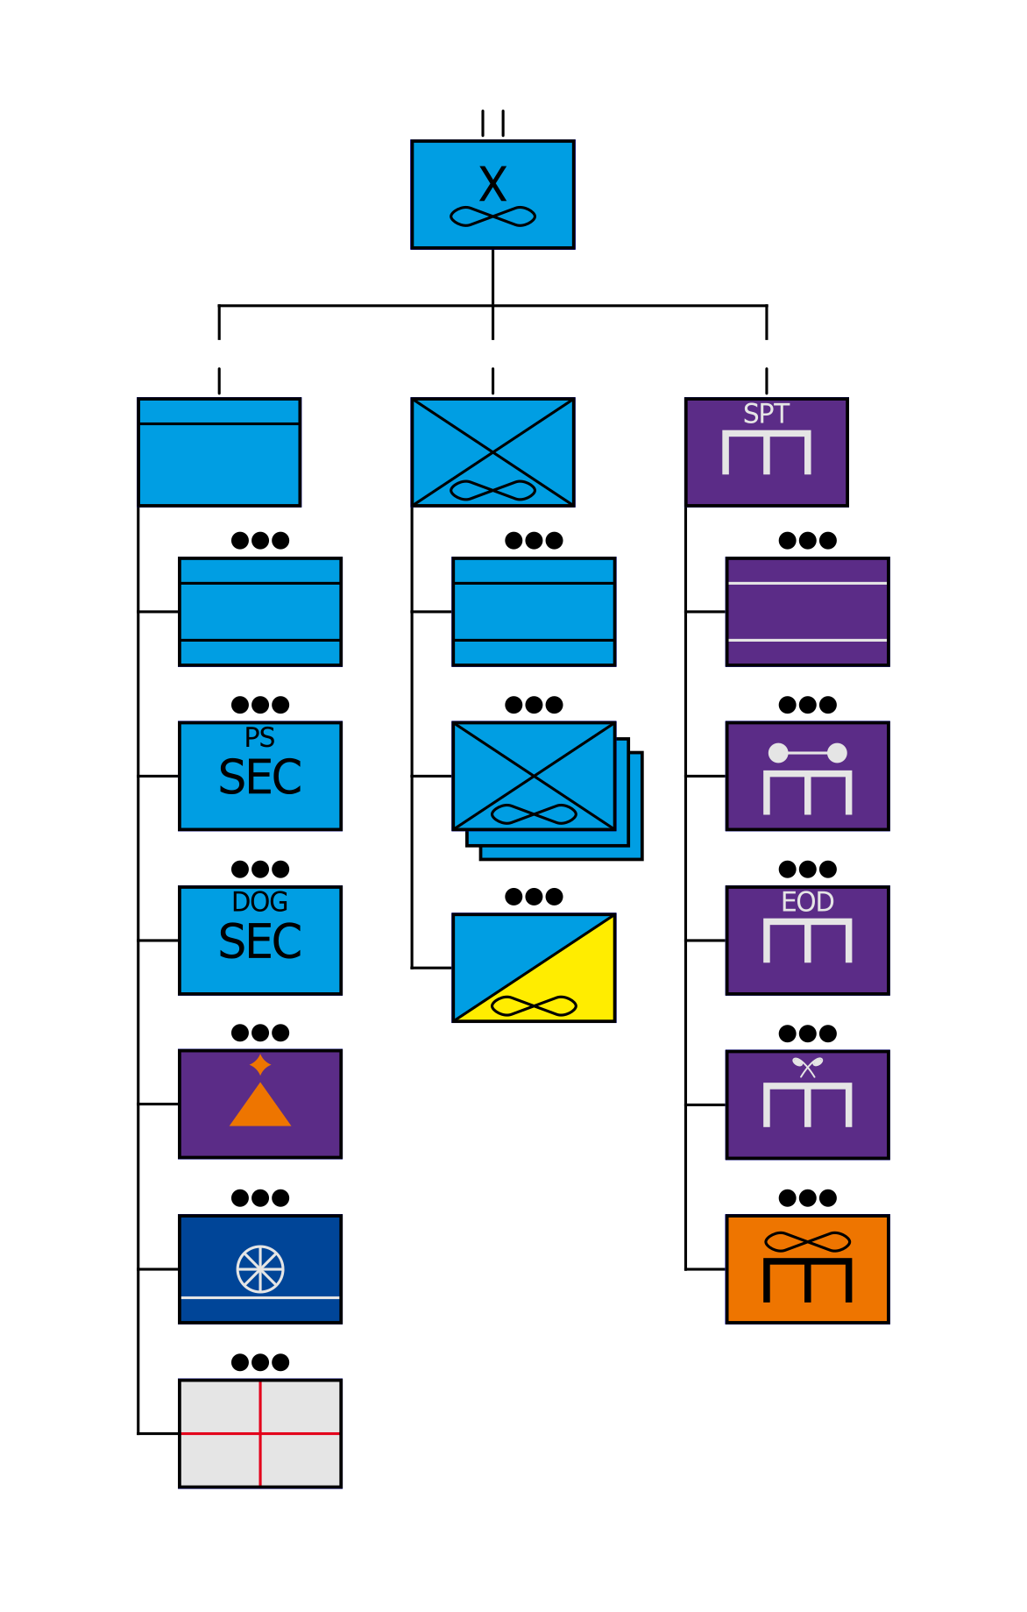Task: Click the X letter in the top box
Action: (x=492, y=185)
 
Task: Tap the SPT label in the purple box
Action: (x=766, y=414)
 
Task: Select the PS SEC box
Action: (x=260, y=776)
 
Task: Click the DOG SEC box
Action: (x=260, y=940)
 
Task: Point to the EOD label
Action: (x=807, y=902)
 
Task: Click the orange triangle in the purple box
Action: (x=260, y=1106)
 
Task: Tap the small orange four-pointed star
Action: (x=260, y=1065)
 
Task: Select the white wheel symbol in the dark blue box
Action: (x=260, y=1268)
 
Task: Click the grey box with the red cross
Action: (x=260, y=1433)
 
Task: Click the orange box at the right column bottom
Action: (x=807, y=1268)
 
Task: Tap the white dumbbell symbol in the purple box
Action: (x=807, y=753)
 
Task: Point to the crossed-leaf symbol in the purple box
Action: (x=807, y=1067)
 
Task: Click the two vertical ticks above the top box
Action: (x=492, y=123)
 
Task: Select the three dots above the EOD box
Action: (x=807, y=869)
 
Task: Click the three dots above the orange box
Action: (x=807, y=1197)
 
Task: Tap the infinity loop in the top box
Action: (x=492, y=217)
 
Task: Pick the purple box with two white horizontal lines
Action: (x=807, y=612)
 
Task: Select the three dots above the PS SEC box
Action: (x=260, y=705)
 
